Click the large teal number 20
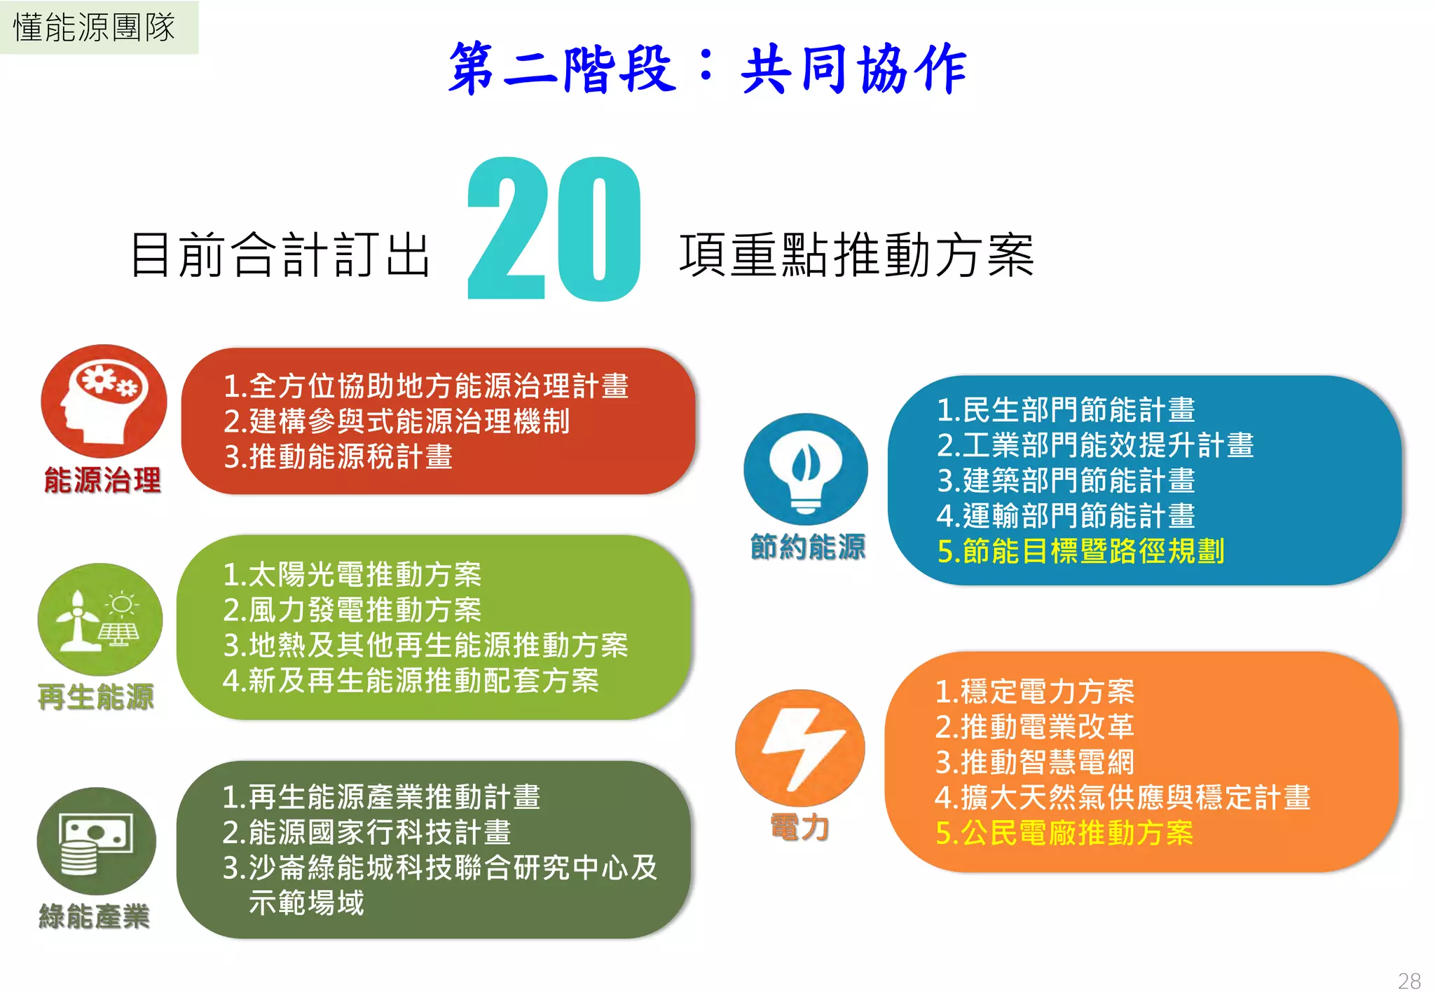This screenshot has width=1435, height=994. [x=554, y=230]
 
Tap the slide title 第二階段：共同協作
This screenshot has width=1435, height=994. [x=708, y=69]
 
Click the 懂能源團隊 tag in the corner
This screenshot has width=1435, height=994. [x=95, y=27]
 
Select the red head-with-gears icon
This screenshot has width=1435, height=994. [x=104, y=401]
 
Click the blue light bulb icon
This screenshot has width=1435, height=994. [x=806, y=468]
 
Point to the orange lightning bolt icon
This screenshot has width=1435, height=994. [x=799, y=747]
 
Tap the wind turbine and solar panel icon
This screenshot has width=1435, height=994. [x=99, y=619]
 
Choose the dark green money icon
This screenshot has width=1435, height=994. [x=97, y=840]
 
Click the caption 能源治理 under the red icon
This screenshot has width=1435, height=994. [x=102, y=481]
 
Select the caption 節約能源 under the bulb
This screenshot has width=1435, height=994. [x=808, y=547]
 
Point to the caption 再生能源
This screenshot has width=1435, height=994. [x=96, y=697]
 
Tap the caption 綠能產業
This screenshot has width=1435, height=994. [x=94, y=916]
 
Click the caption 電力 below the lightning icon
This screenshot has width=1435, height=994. [x=799, y=827]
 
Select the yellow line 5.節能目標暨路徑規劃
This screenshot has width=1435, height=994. [x=1080, y=551]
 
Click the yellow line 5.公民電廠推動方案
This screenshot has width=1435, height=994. [x=1064, y=833]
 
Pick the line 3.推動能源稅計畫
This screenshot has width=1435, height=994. [x=338, y=456]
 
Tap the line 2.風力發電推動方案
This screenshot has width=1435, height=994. [x=352, y=609]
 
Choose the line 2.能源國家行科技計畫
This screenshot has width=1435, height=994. [x=366, y=832]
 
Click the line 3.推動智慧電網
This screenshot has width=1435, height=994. [x=1034, y=762]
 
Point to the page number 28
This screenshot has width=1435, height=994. [x=1409, y=980]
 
